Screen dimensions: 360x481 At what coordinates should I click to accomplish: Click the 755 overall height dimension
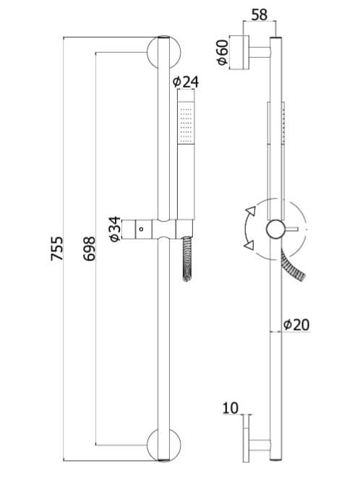click(x=57, y=249)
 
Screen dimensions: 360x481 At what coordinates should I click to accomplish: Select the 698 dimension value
click(x=90, y=249)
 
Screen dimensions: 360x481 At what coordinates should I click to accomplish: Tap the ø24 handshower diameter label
click(x=186, y=82)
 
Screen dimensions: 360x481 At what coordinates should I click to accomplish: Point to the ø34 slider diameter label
click(x=115, y=229)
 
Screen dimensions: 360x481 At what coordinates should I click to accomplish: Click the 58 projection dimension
click(x=260, y=14)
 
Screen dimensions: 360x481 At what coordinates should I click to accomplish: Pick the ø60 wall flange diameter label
click(x=223, y=53)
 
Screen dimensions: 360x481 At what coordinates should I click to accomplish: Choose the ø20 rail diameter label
click(x=296, y=325)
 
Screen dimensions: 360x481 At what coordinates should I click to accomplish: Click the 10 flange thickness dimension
click(x=231, y=408)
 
